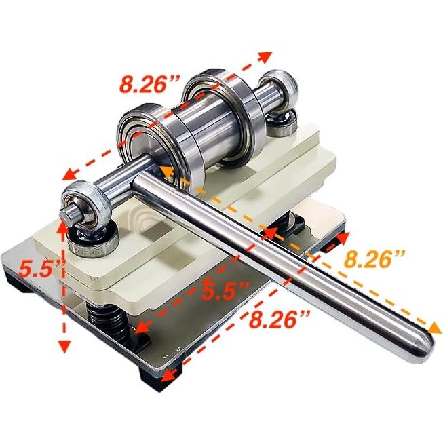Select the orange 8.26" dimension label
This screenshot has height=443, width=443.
click(x=374, y=258)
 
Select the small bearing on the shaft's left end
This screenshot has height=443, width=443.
click(x=79, y=208)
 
